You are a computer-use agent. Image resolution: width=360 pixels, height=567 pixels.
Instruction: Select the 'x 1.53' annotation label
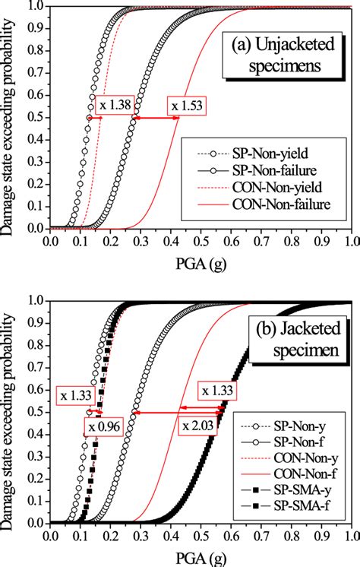(185, 105)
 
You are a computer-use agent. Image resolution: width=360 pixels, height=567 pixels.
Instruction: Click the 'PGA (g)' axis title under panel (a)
(201, 262)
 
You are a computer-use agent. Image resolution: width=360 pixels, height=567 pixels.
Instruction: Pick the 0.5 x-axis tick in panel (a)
(201, 242)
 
